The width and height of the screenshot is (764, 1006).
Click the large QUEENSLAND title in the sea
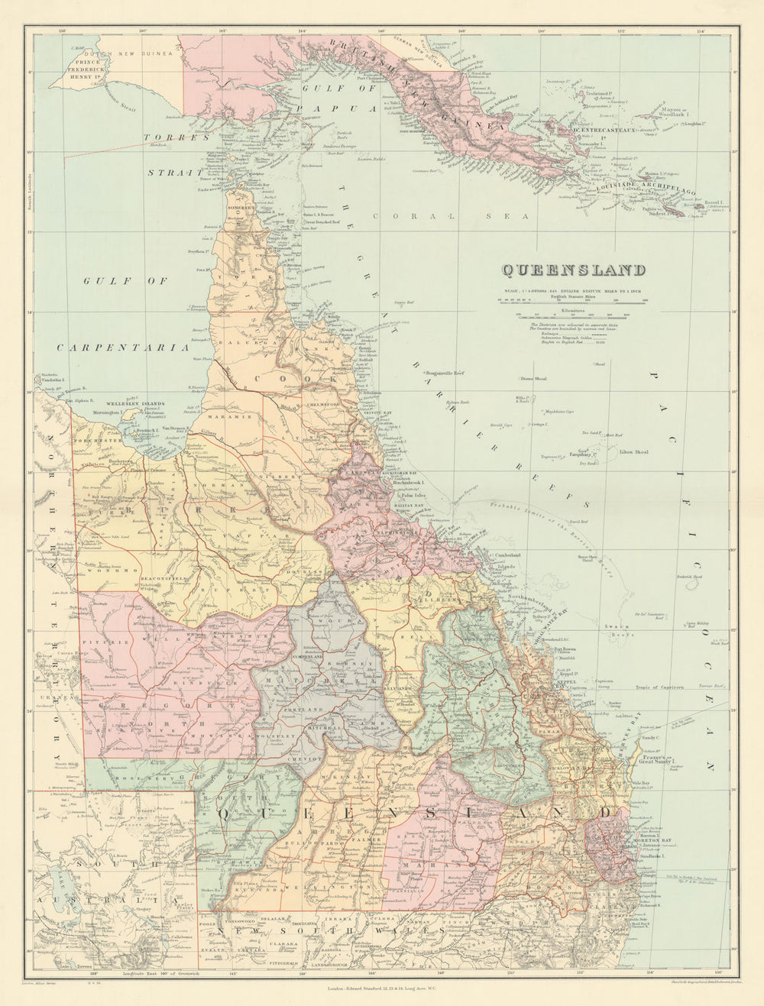pos(573,270)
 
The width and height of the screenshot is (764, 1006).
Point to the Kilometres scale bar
pos(571,314)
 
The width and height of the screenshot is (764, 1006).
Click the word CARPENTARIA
pos(123,348)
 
